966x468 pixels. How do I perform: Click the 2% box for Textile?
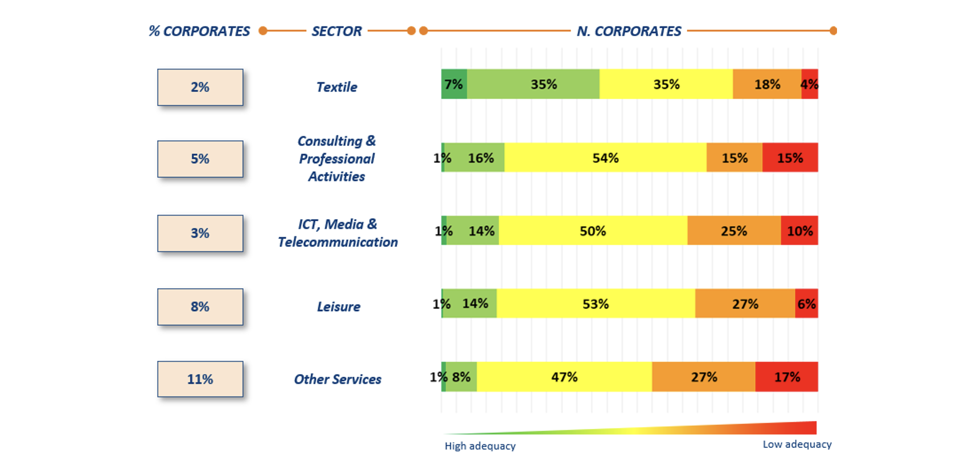(200, 87)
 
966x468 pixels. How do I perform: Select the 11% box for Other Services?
(200, 379)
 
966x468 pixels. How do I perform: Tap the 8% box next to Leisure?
(200, 307)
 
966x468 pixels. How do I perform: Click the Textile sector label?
(336, 87)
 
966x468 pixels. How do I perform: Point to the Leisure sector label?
(339, 307)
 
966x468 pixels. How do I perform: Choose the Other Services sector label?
(337, 379)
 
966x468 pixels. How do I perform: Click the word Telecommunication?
(337, 242)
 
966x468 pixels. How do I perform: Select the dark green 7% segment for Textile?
(454, 84)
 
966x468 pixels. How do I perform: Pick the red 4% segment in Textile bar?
(810, 84)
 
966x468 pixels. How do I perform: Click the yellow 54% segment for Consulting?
(605, 158)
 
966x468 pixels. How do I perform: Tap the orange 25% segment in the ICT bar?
(734, 231)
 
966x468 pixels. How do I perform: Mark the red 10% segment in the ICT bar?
(799, 231)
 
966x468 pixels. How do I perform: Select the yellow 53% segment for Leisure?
(595, 304)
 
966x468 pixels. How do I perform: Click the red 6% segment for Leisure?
(807, 304)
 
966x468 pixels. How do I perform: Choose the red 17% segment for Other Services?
(787, 377)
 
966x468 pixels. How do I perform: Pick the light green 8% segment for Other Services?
(461, 377)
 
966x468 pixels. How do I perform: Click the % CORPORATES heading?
(199, 31)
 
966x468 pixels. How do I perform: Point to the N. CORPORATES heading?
(629, 31)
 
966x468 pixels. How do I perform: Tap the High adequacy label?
(480, 446)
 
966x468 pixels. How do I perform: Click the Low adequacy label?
(797, 444)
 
